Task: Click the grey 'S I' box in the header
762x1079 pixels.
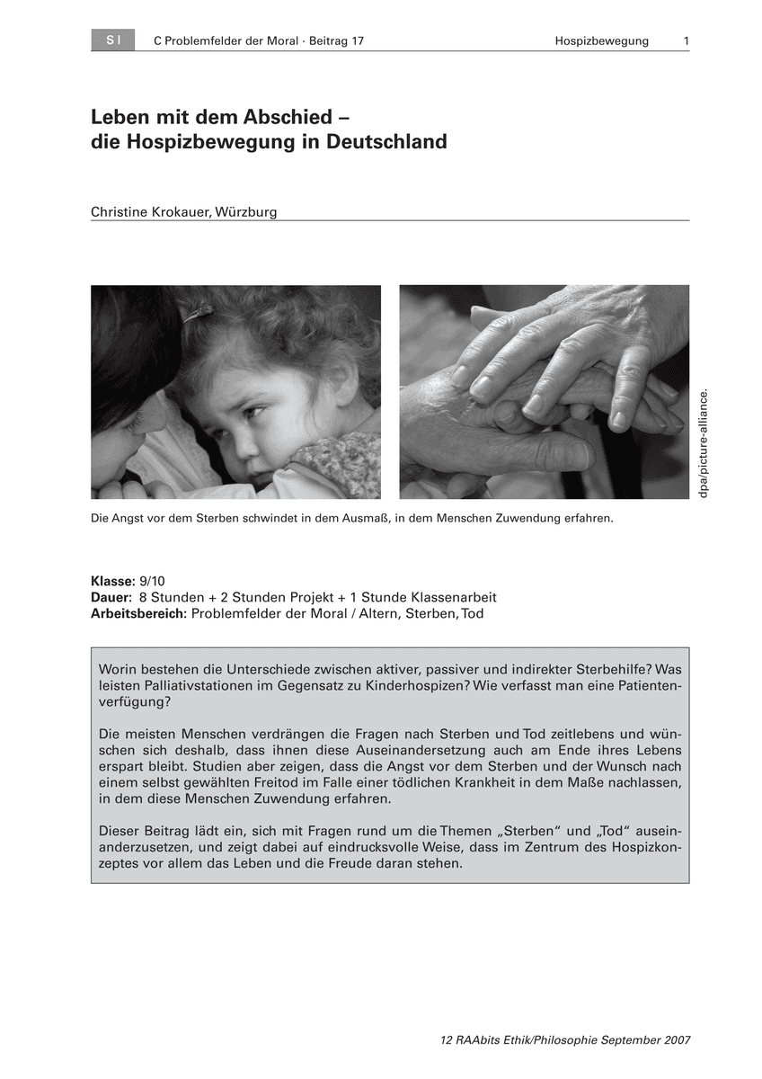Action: point(112,40)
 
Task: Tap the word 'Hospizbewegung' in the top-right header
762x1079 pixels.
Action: point(601,41)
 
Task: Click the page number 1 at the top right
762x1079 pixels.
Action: point(686,41)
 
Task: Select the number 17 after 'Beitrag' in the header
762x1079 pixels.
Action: point(357,41)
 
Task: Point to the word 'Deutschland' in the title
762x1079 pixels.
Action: point(386,142)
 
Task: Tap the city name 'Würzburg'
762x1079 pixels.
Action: point(246,212)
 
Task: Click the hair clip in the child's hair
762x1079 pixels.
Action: point(197,313)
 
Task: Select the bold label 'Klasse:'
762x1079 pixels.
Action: point(113,582)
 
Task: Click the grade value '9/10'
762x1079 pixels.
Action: point(152,582)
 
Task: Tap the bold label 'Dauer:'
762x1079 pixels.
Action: point(112,598)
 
